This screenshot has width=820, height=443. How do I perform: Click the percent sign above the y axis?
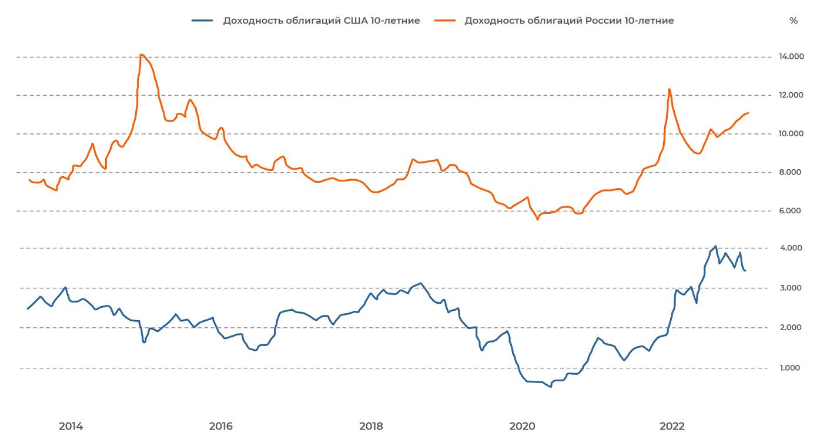coord(794,21)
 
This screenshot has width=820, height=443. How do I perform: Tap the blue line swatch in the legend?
coord(202,21)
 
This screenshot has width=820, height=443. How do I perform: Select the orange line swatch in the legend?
coord(444,21)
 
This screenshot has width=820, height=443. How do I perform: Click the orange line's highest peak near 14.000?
coord(141,55)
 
